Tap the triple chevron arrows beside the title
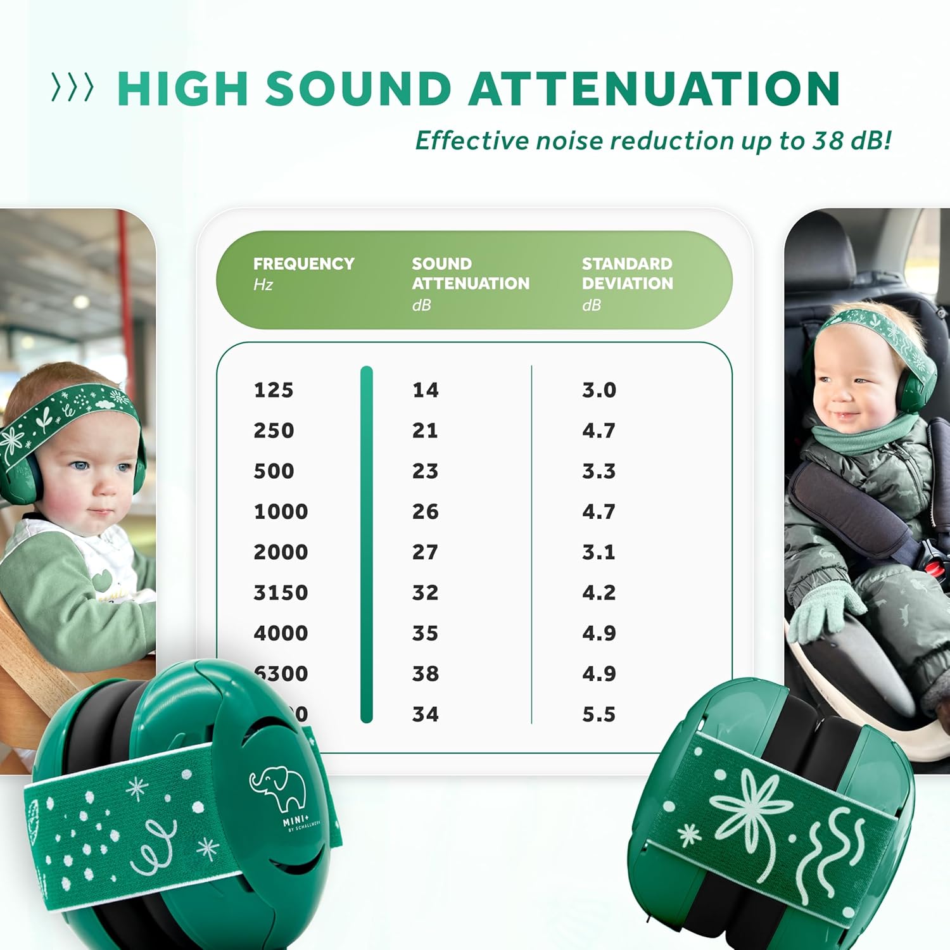click(x=72, y=87)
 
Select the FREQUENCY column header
click(x=303, y=264)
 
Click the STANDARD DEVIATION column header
click(x=627, y=274)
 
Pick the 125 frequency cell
click(x=274, y=390)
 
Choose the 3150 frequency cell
click(x=281, y=593)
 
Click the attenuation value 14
click(x=425, y=390)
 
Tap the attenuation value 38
click(x=425, y=674)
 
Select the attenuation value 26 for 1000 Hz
click(x=425, y=512)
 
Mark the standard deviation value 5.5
click(x=598, y=714)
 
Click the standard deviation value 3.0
click(x=598, y=390)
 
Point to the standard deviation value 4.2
click(x=598, y=593)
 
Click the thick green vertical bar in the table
click(x=366, y=545)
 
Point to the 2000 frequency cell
click(x=281, y=552)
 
